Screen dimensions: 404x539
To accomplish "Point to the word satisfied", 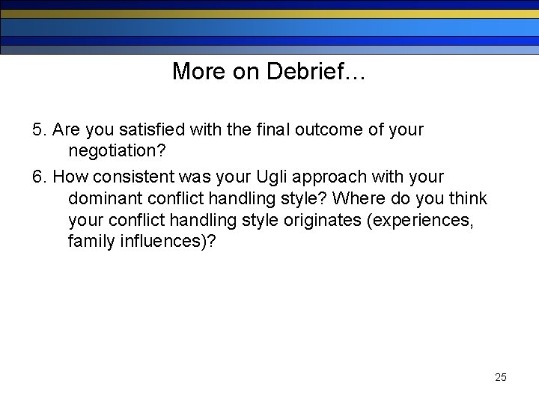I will tap(153, 130).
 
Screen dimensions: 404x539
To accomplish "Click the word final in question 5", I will tap(267, 130).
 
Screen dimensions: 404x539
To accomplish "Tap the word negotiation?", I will tap(117, 151).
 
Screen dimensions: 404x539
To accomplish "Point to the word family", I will tap(91, 242).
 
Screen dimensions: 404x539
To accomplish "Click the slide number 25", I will tap(500, 377).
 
